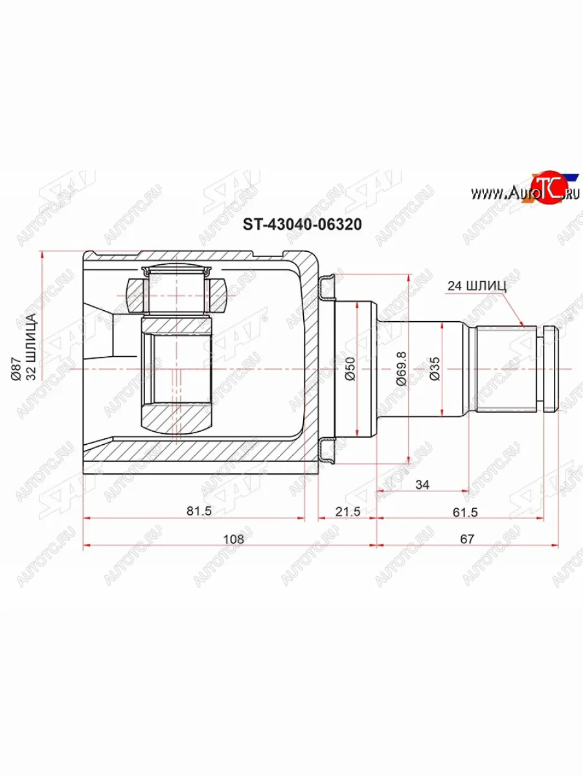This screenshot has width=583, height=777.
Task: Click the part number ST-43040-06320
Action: click(x=302, y=225)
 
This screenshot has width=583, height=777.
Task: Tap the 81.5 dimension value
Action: click(x=199, y=511)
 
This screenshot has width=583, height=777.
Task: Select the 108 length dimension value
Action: click(x=234, y=539)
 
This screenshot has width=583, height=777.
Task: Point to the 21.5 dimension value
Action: click(x=348, y=511)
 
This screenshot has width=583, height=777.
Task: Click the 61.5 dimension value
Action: click(x=465, y=512)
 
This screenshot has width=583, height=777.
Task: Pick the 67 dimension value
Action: click(x=467, y=539)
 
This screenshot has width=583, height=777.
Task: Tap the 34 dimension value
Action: click(x=422, y=484)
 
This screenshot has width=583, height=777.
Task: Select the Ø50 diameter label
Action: click(x=350, y=369)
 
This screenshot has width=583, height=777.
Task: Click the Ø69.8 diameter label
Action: click(x=401, y=368)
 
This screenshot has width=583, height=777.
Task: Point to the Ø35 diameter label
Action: click(x=435, y=369)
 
